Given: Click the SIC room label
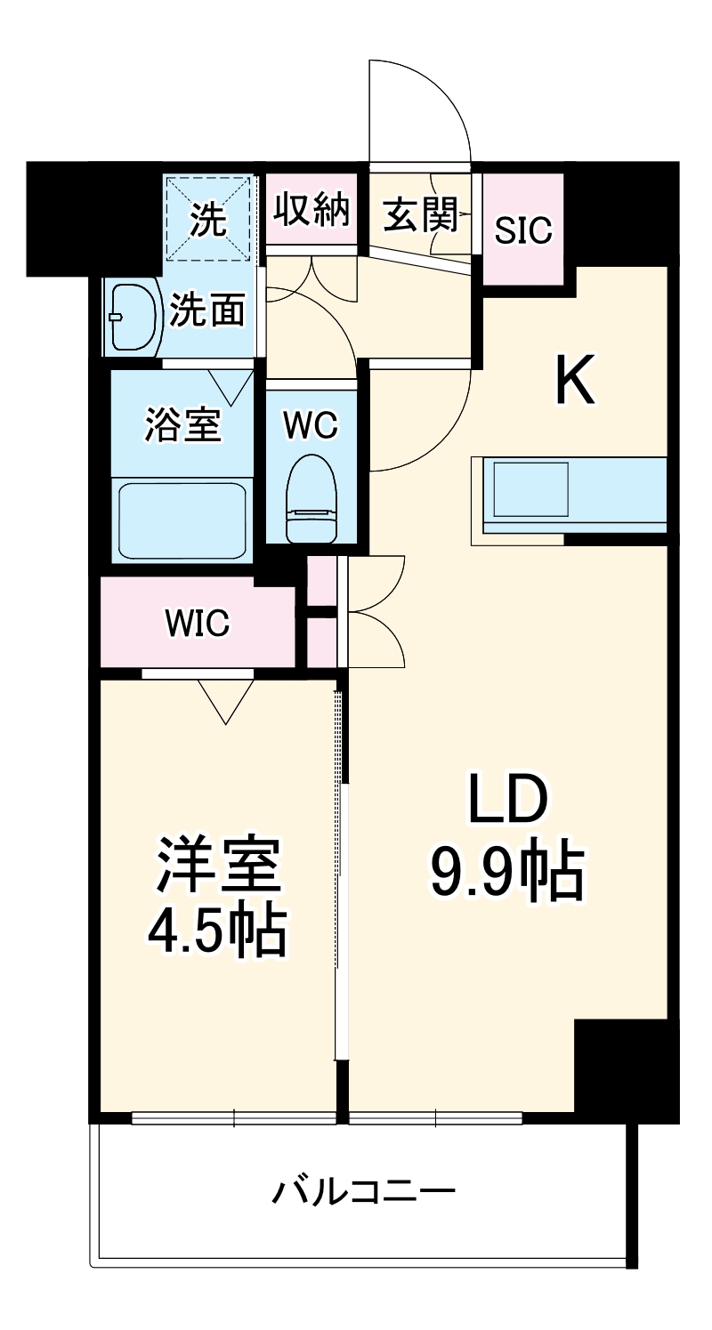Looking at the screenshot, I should pyautogui.click(x=523, y=230).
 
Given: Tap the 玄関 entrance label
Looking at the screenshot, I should pyautogui.click(x=420, y=214).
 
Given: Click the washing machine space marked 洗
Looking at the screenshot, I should pyautogui.click(x=211, y=219).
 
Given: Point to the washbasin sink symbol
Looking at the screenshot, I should pyautogui.click(x=133, y=317).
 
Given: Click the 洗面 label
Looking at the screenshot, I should pyautogui.click(x=207, y=310).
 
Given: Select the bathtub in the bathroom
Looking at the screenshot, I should pyautogui.click(x=182, y=520).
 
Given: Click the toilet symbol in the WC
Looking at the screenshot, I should pyautogui.click(x=311, y=498).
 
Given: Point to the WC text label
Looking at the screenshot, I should pyautogui.click(x=311, y=425).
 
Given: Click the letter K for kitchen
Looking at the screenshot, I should pyautogui.click(x=575, y=381).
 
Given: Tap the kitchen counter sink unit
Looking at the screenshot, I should pyautogui.click(x=570, y=495).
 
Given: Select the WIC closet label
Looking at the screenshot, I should pyautogui.click(x=197, y=624).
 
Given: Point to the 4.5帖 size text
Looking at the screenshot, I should pyautogui.click(x=216, y=930).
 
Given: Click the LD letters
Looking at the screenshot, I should pyautogui.click(x=507, y=801).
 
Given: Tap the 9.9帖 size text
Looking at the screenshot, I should pyautogui.click(x=507, y=873).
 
